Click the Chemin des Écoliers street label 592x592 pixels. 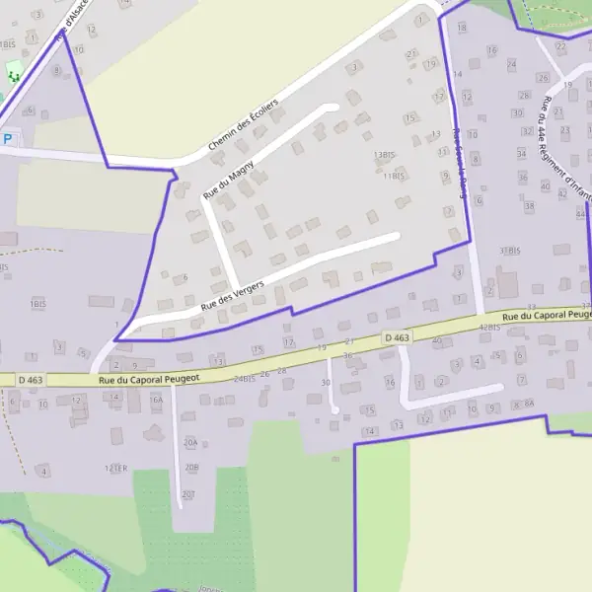243,124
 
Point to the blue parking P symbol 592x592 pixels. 8,139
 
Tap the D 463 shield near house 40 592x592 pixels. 397,338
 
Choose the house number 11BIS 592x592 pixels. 394,177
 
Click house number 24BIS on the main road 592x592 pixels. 245,378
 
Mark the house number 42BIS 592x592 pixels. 489,327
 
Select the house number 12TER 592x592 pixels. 117,468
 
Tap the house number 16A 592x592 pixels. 155,401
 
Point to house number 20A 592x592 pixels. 190,443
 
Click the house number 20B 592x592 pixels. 191,467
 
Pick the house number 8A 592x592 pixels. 529,405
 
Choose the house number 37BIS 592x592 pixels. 510,251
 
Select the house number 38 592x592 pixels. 529,206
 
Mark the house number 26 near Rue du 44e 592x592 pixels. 542,77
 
